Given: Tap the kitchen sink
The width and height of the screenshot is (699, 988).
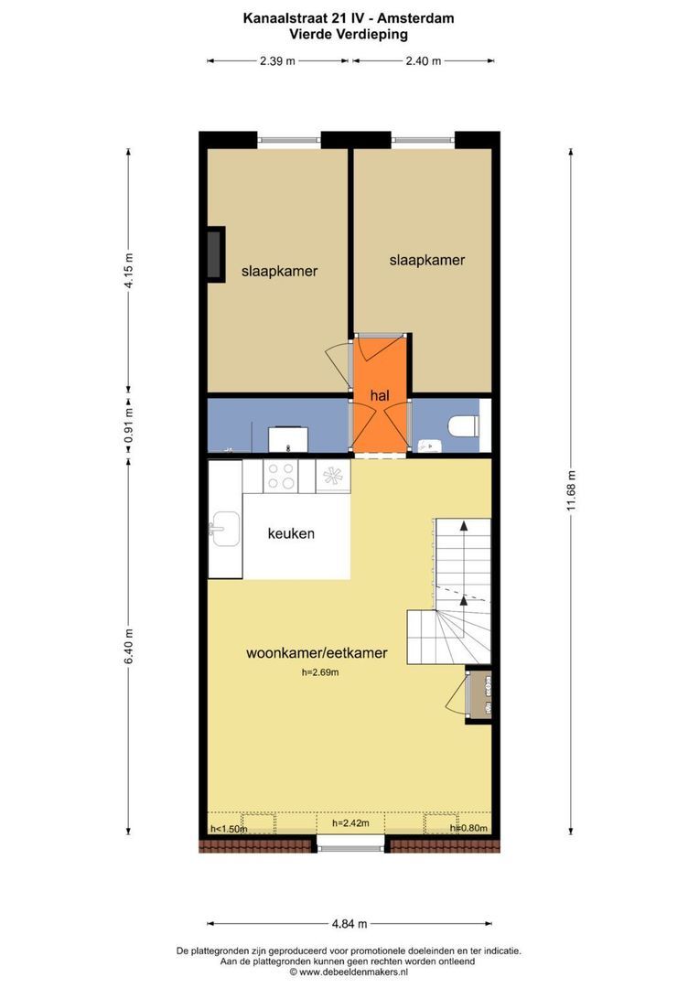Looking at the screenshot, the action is [224, 529].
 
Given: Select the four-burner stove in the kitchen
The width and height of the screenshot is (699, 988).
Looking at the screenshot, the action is [281, 477].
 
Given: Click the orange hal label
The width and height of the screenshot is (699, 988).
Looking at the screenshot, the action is [380, 396].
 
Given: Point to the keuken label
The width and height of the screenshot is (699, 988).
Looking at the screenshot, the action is [291, 533].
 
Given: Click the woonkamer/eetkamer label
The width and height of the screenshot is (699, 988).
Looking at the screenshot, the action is [317, 653].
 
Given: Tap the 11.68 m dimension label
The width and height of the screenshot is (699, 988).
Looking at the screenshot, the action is [571, 490].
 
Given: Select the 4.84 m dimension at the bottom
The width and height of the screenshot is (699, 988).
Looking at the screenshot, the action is [349, 924].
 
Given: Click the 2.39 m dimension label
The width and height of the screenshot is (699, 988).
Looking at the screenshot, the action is [277, 61].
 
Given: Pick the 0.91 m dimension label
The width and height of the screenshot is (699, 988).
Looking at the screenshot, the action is [129, 424].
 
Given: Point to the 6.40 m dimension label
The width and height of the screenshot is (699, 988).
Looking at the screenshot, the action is [129, 646].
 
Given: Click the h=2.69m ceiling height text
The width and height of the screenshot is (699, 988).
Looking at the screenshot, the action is [320, 672].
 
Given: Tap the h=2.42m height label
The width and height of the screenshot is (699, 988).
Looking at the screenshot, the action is [351, 823].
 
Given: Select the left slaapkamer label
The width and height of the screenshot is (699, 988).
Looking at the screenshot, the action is [279, 272].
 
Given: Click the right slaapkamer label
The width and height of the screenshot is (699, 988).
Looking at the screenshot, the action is [426, 260].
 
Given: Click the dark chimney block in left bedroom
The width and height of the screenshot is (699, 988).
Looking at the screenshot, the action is [216, 254].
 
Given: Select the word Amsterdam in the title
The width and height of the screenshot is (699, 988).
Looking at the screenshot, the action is [415, 18].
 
